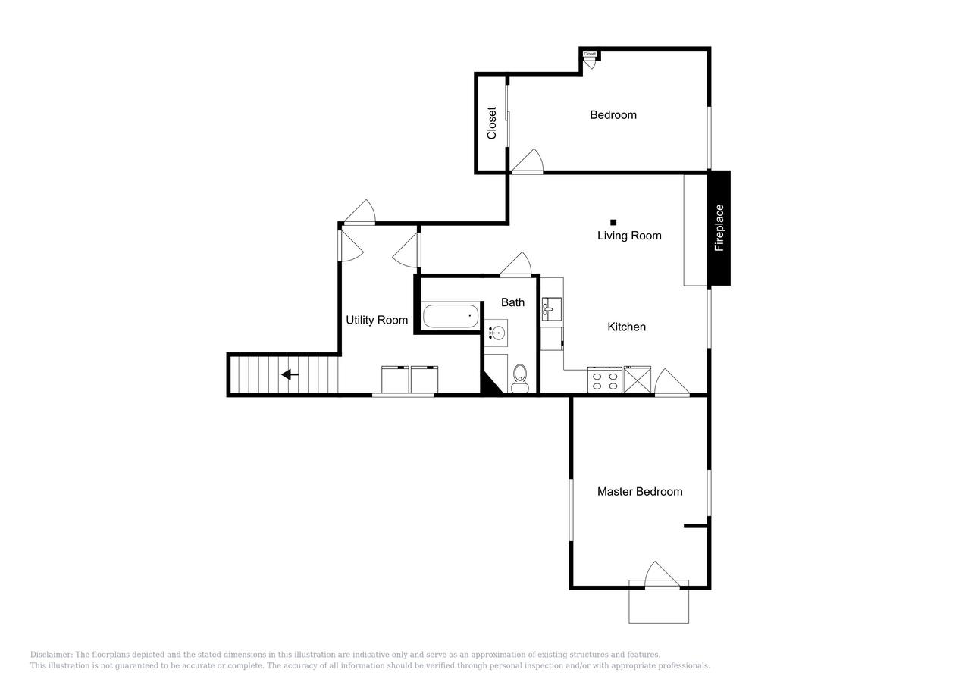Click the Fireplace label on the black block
[719, 227]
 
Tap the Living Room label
[628, 236]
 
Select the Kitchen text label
[626, 327]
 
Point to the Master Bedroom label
[639, 491]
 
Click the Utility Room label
[377, 320]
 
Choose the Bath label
[512, 302]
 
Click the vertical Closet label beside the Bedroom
[491, 123]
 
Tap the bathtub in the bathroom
[450, 316]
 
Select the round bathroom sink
[497, 333]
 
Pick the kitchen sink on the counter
[551, 308]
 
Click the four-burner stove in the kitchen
[605, 380]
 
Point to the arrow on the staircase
[290, 374]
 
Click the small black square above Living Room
[613, 222]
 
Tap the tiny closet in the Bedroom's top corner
[590, 55]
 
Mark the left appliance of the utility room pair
[395, 380]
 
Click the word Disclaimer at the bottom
[50, 655]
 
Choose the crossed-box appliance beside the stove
[637, 380]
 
